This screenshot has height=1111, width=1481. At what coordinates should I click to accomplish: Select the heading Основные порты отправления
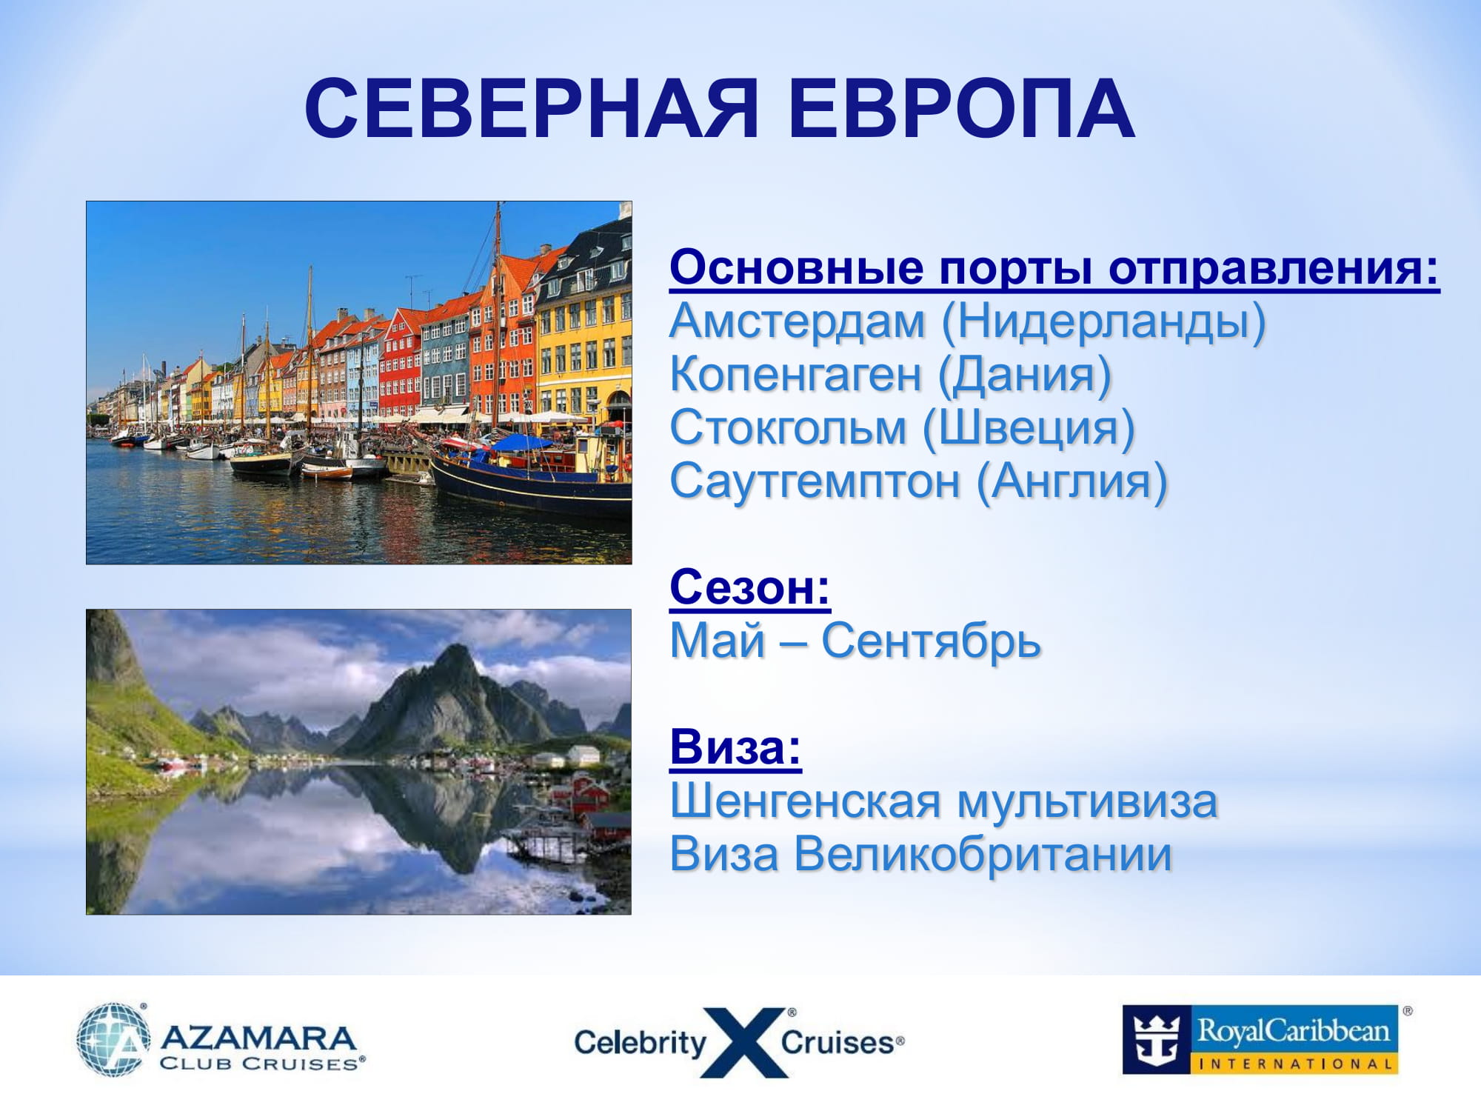1054,268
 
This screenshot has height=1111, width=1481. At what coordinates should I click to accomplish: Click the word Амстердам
798,322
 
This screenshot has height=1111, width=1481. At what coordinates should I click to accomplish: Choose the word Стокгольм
788,429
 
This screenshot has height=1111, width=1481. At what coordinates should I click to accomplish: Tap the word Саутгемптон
815,482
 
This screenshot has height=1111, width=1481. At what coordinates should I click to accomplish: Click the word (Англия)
1072,482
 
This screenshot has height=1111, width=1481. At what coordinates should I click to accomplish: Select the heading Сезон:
750,588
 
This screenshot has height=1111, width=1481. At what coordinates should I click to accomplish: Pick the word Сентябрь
931,641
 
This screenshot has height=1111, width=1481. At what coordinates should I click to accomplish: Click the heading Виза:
735,747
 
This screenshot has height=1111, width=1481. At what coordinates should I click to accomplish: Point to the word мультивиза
1087,802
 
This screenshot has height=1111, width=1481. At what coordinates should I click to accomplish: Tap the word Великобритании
983,854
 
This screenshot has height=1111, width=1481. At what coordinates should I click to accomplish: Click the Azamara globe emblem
113,1039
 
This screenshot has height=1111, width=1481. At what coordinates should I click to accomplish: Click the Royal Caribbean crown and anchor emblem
1157,1039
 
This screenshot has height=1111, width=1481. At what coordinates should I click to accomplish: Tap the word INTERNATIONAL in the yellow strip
1295,1064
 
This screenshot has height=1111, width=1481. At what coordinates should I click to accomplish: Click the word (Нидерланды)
1103,322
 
